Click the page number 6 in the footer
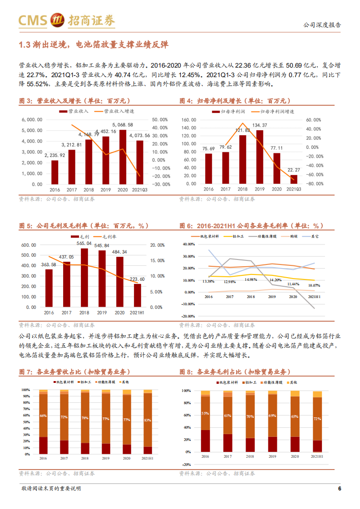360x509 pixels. pos(339,489)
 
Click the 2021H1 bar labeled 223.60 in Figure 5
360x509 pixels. pos(138,295)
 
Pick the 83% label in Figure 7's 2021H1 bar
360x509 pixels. pos(147,421)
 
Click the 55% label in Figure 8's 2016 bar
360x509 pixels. pos(205,413)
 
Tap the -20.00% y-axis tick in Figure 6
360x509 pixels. pos(188,317)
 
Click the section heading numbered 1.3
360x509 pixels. pos(93,44)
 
